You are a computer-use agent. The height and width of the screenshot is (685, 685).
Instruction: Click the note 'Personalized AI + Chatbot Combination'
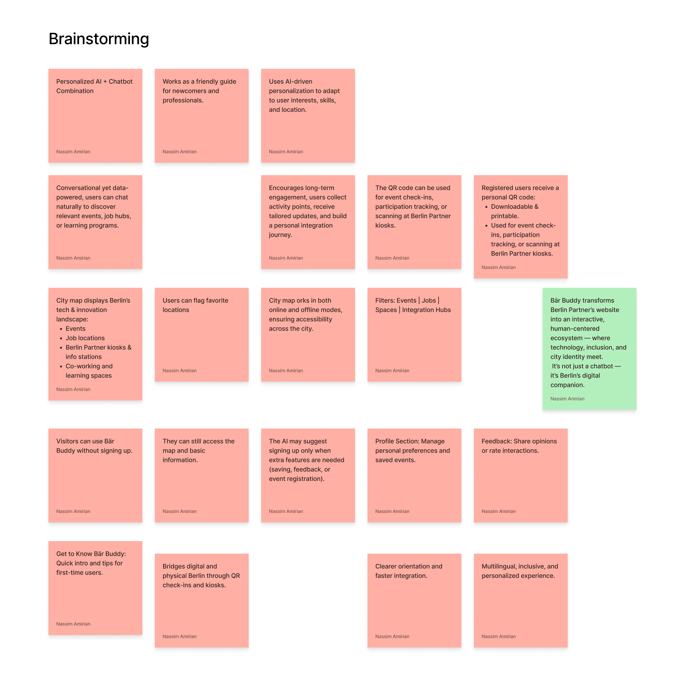tap(95, 116)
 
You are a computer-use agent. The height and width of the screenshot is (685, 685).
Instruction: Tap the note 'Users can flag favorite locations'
tap(201, 334)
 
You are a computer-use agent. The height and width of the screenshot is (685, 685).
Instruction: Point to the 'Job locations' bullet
tap(85, 338)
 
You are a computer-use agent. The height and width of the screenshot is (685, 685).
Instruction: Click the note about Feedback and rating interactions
tap(520, 475)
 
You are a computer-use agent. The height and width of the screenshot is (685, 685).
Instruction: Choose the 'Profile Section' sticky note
tap(414, 475)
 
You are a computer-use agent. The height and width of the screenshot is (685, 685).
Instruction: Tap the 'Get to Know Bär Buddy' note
tap(95, 587)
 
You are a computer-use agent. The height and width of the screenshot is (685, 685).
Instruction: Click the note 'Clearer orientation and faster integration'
tap(414, 600)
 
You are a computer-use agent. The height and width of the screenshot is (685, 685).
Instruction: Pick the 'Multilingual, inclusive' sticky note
tap(520, 600)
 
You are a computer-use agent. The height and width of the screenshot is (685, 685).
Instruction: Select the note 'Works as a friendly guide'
tap(201, 116)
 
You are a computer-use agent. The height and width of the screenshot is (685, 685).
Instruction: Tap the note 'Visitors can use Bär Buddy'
tap(95, 475)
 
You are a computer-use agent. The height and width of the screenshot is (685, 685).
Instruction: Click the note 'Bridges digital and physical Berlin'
tap(201, 600)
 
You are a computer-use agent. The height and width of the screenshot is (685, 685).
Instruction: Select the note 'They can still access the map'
tap(201, 475)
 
